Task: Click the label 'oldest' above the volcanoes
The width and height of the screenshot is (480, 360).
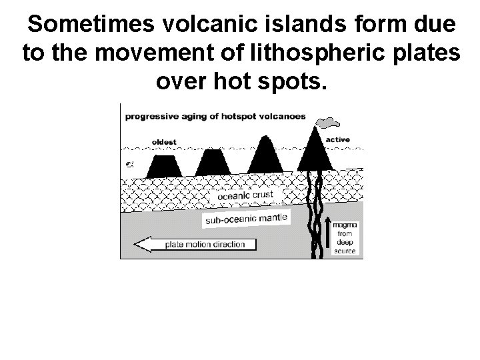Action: tap(164, 141)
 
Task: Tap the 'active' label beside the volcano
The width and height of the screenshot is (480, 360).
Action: tap(338, 139)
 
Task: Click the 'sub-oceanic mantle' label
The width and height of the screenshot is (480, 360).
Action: tap(245, 217)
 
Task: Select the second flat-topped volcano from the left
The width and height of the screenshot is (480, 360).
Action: tap(213, 163)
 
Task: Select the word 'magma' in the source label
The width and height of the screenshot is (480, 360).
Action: tap(347, 227)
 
